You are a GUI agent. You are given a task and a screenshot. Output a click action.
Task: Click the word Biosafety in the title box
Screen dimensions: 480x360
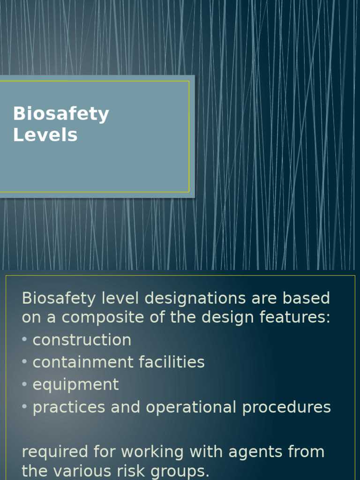click(61, 114)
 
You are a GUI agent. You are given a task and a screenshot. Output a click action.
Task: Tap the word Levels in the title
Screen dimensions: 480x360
click(45, 135)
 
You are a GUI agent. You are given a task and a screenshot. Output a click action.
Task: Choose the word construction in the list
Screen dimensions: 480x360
click(82, 340)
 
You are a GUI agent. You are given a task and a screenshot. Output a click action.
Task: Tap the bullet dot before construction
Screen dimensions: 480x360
click(25, 340)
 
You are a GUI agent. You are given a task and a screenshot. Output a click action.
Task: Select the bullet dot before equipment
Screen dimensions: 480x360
click(25, 385)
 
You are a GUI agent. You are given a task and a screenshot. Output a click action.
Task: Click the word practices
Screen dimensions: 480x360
click(69, 407)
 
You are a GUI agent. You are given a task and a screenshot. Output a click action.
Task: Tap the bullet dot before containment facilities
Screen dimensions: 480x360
click(25, 362)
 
